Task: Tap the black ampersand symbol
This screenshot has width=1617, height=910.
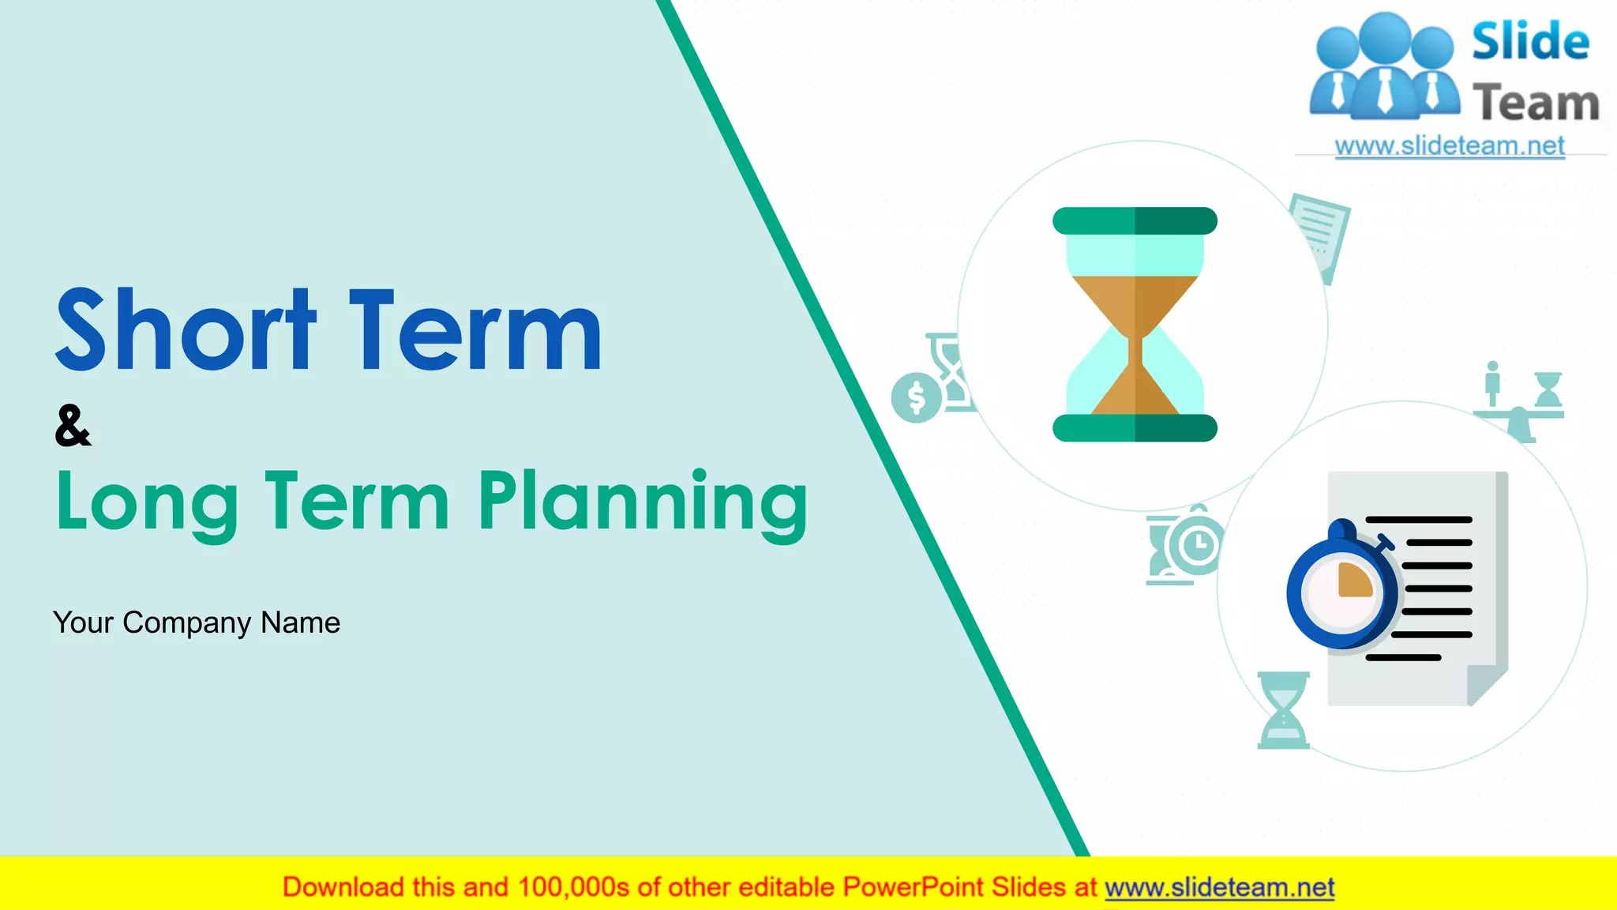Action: tap(73, 426)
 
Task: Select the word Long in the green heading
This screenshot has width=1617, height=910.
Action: tap(147, 502)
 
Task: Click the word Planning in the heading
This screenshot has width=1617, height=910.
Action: tap(643, 502)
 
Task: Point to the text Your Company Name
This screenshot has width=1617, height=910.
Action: tap(197, 622)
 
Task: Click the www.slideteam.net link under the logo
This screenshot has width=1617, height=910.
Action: tap(1450, 146)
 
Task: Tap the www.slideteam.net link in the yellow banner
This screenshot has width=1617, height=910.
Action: tap(1219, 887)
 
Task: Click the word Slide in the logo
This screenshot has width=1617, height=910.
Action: tap(1530, 42)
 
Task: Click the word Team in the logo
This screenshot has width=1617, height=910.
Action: tap(1536, 103)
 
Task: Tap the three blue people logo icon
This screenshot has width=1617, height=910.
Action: tap(1384, 67)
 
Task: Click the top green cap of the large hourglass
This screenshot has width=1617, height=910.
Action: tap(1135, 221)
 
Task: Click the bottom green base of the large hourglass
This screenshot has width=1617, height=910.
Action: tap(1135, 427)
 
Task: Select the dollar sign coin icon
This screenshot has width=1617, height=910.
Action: tap(916, 397)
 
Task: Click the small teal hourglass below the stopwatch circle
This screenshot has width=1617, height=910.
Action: tap(1283, 710)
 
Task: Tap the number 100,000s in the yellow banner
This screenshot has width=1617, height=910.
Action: tap(573, 887)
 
